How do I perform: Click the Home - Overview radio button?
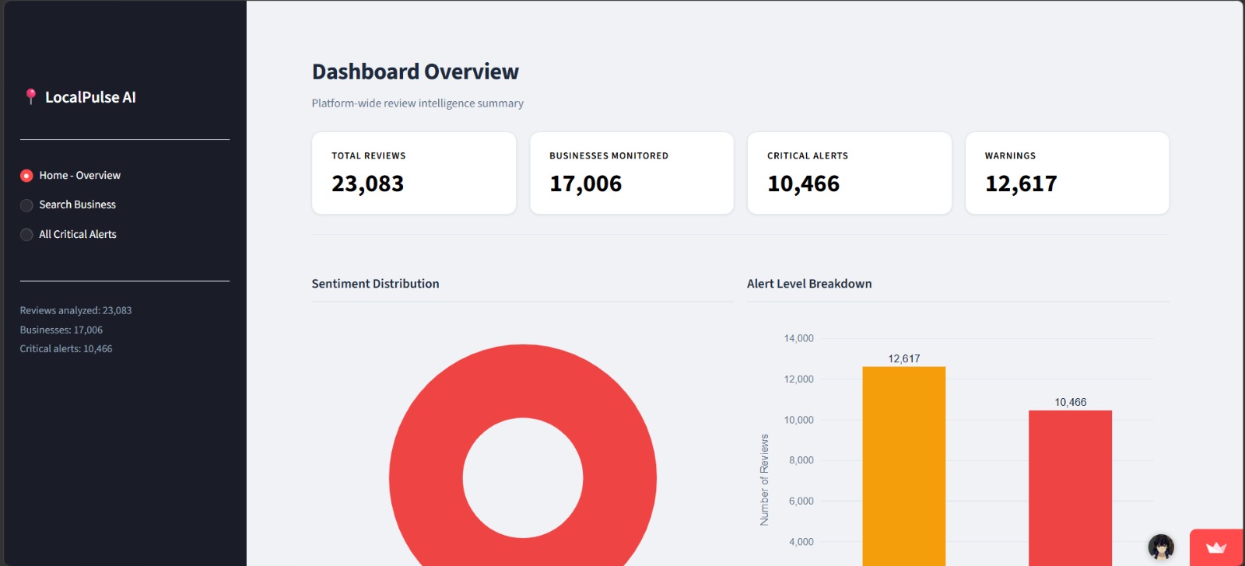26,176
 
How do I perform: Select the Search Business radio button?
26,205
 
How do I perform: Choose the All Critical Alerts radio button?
26,234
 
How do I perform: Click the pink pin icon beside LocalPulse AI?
30,96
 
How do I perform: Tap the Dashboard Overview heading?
416,72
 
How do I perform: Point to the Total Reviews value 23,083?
367,183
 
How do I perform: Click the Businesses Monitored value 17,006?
585,183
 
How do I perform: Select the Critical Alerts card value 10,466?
803,183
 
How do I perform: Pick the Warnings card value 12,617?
1021,183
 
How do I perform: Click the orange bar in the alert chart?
903,466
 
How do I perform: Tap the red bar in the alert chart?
1070,488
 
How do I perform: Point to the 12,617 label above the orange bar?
903,359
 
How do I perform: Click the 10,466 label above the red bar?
1070,402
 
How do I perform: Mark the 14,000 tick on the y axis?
798,338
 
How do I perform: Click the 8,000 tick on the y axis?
801,460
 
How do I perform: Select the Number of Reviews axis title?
764,480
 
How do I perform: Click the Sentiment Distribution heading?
375,283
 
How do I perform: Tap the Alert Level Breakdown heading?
809,283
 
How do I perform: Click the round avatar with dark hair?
1161,547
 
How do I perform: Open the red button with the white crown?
1216,547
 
